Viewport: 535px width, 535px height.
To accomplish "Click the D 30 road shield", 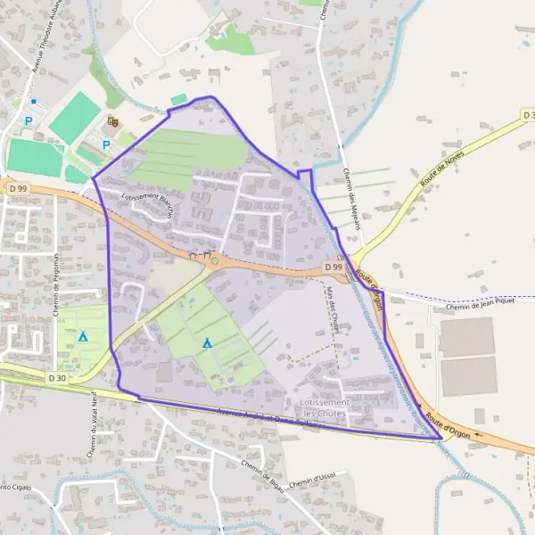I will [57, 378].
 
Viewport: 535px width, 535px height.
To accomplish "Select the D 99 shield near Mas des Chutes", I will [333, 267].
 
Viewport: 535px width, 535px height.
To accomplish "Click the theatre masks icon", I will [112, 121].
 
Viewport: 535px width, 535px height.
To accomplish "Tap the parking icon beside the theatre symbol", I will [106, 144].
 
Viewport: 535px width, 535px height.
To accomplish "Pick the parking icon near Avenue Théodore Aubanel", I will [29, 120].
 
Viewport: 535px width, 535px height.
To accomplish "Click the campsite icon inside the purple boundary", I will [207, 342].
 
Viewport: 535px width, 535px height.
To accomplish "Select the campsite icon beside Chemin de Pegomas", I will [83, 336].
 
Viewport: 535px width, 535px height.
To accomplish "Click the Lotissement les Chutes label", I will [325, 408].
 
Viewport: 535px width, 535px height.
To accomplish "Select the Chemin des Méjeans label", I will [351, 201].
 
